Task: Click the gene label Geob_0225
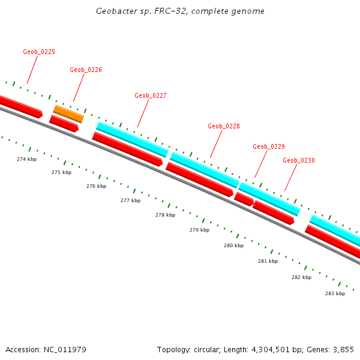coord(39,52)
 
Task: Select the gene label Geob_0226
coord(86,70)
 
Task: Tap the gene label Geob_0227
coord(151,96)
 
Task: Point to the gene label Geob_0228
coord(224,127)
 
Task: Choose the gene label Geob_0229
coord(269,147)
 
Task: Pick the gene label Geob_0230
coord(299,161)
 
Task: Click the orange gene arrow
coord(68,113)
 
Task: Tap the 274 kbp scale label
coord(26,159)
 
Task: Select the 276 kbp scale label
coord(96,187)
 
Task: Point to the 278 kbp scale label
coord(165,215)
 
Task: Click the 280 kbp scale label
coord(233,246)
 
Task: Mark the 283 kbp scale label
coord(335,293)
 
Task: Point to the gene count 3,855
coord(343,349)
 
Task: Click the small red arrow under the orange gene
coord(64,124)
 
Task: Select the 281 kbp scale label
coord(268,262)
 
